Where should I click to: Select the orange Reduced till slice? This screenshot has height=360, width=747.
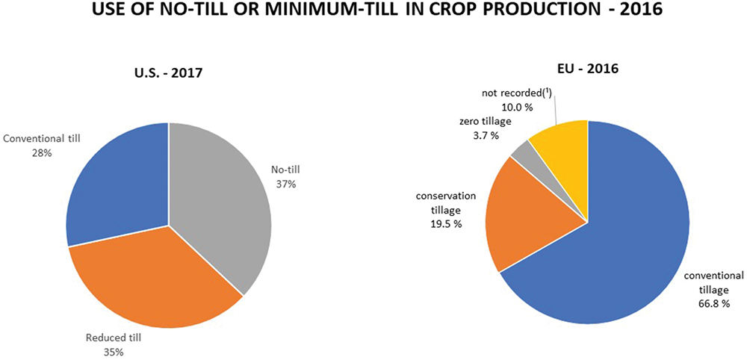click(x=157, y=284)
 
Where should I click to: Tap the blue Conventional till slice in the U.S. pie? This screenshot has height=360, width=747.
click(x=116, y=187)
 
